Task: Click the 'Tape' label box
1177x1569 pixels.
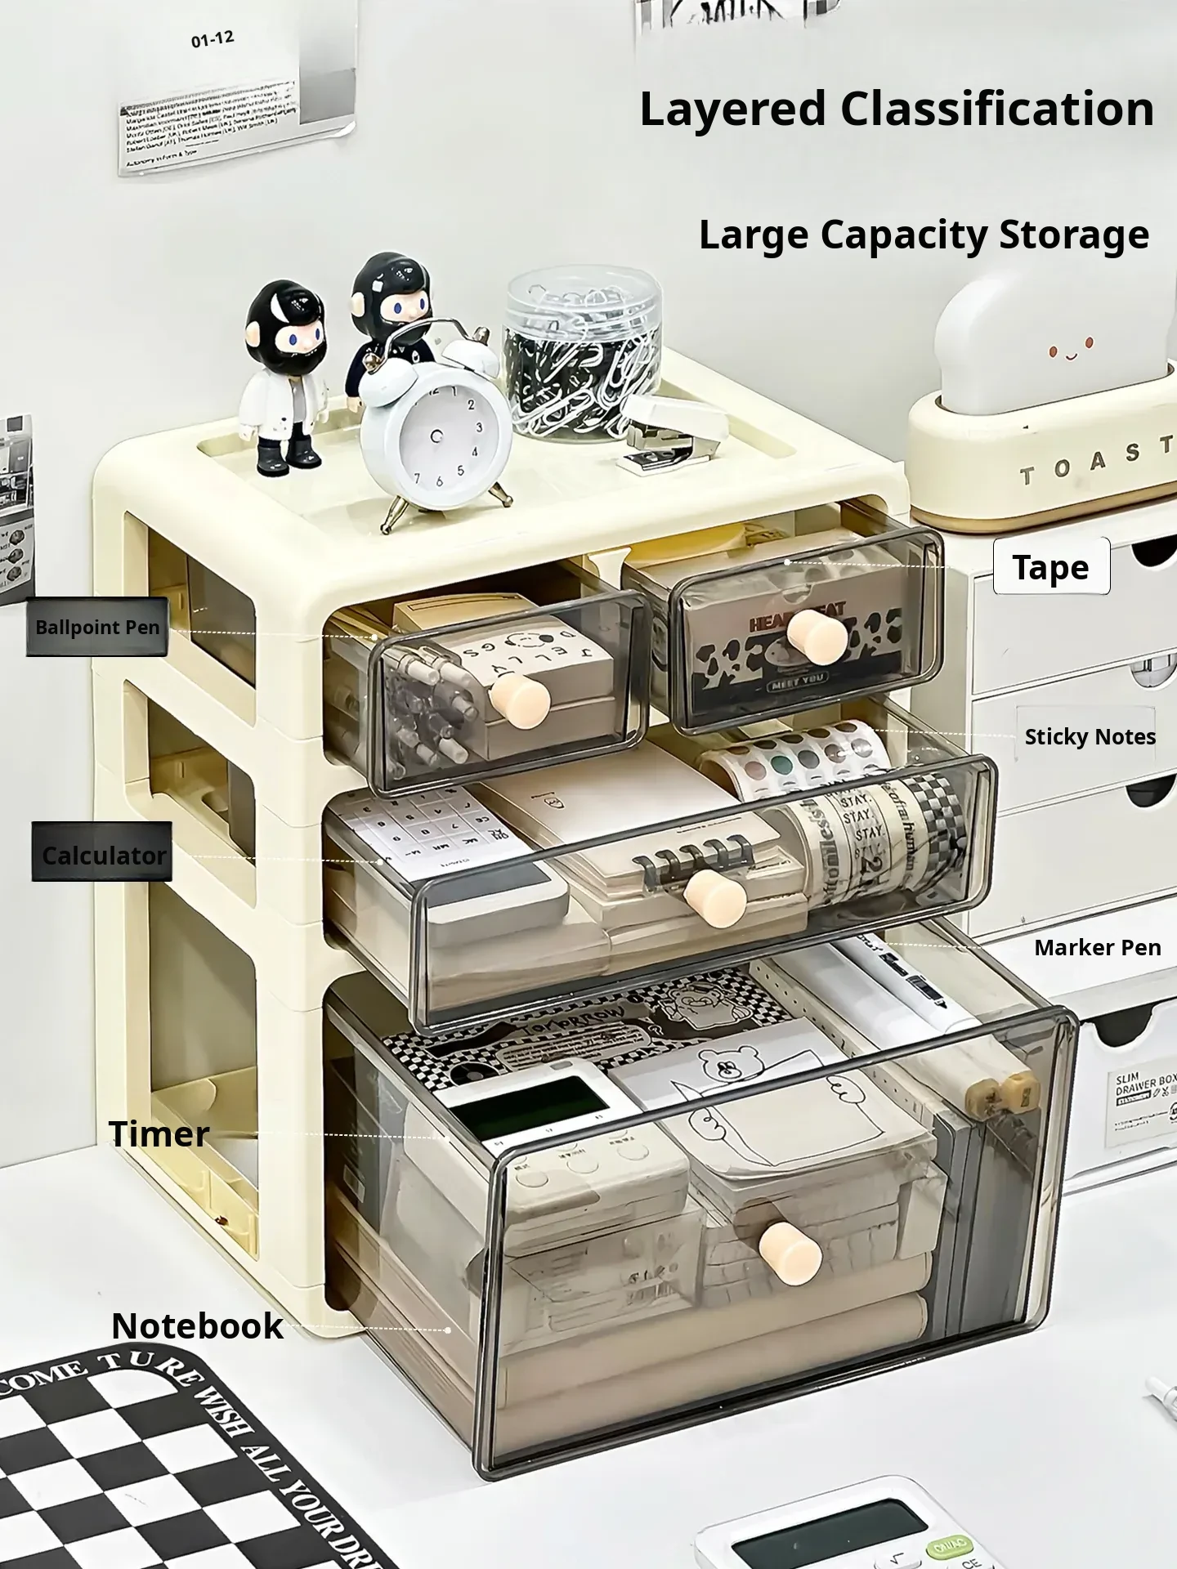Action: tap(1051, 566)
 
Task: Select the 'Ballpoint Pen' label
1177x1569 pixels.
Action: tap(96, 628)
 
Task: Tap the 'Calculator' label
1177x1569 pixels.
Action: tap(103, 855)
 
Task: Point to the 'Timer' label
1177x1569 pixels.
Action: tap(159, 1133)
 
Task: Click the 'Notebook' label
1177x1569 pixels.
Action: tap(197, 1325)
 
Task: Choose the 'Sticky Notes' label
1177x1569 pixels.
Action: tap(1090, 736)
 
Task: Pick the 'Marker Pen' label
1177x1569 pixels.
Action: tap(1097, 947)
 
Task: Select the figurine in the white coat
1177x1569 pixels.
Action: tap(284, 376)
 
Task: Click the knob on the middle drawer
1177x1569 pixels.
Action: tap(716, 897)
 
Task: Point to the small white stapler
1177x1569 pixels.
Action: tap(675, 428)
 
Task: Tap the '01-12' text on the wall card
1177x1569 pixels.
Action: tap(212, 39)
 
